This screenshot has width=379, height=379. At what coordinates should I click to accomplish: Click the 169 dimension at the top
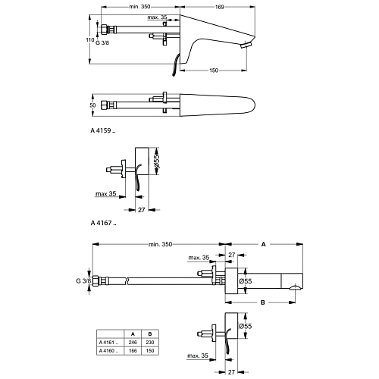(220, 7)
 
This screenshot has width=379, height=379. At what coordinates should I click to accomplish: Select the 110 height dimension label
(89, 40)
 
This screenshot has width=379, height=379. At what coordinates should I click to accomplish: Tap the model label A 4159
(103, 130)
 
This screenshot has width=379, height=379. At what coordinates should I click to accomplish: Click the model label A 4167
(103, 223)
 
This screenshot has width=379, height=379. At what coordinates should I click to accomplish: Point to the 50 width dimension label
(92, 105)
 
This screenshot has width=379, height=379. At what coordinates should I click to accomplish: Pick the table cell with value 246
(133, 343)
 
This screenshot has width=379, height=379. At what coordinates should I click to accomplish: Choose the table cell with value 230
(150, 343)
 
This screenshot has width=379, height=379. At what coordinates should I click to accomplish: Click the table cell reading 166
(133, 351)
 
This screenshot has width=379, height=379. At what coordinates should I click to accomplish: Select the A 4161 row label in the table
(110, 343)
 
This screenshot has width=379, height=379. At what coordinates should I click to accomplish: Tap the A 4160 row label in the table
(110, 351)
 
